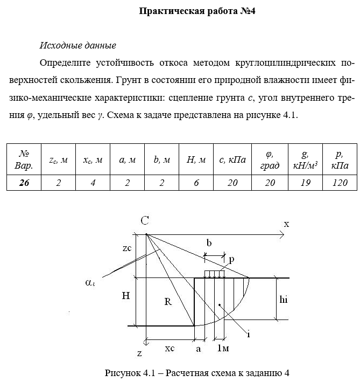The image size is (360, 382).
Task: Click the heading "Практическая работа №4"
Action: click(197, 11)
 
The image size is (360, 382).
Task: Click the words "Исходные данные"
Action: click(78, 45)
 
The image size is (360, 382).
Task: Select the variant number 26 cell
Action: click(24, 183)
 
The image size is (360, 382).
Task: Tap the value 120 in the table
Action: click(340, 183)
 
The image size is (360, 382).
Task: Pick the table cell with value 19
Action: click(305, 183)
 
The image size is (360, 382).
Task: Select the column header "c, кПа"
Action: click(232, 159)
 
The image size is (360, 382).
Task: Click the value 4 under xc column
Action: click(93, 183)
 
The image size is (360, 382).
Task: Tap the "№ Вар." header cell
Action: click(24, 159)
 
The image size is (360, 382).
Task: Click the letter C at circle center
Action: click(145, 220)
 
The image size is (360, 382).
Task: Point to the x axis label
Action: click(286, 224)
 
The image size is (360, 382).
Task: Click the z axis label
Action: click(139, 353)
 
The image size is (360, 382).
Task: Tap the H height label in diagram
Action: click(125, 296)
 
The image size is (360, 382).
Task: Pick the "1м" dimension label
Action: click(222, 349)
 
